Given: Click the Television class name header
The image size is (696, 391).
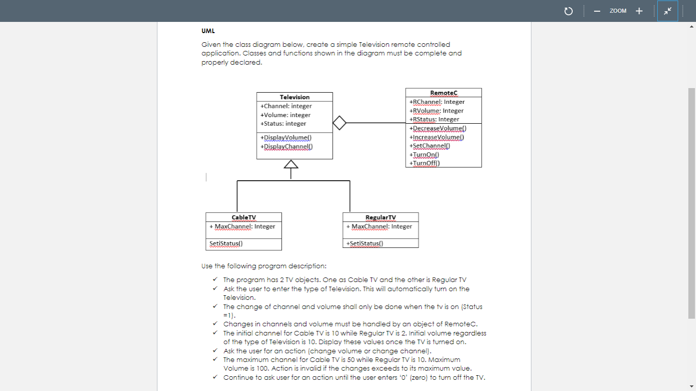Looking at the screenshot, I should pyautogui.click(x=295, y=97).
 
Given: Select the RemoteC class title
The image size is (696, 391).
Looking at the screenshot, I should pyautogui.click(x=444, y=93).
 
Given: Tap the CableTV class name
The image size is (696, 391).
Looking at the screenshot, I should pyautogui.click(x=244, y=217).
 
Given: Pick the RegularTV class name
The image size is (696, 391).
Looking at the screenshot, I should pyautogui.click(x=381, y=217).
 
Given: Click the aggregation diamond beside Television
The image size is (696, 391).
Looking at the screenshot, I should pyautogui.click(x=339, y=123).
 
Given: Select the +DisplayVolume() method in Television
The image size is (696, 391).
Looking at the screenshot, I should pyautogui.click(x=286, y=137).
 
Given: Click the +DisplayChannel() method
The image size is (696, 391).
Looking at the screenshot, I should pyautogui.click(x=286, y=147).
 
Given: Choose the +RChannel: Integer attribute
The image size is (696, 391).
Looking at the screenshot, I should pyautogui.click(x=437, y=102).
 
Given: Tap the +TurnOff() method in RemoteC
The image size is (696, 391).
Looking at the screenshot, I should pyautogui.click(x=424, y=163).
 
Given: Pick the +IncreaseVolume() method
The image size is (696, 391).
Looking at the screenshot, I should pyautogui.click(x=437, y=137).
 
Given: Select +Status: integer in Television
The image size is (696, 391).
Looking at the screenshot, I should pyautogui.click(x=283, y=124).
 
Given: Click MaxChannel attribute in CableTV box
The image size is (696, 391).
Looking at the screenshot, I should pyautogui.click(x=243, y=227).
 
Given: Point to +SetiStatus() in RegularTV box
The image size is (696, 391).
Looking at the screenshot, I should pyautogui.click(x=364, y=243).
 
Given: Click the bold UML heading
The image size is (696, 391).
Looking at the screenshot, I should pyautogui.click(x=208, y=31).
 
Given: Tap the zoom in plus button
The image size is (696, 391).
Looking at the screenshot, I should pyautogui.click(x=639, y=11).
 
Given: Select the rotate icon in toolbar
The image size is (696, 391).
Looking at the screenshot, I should pyautogui.click(x=569, y=11).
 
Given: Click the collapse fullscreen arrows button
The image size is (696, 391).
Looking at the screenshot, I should pyautogui.click(x=667, y=11).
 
